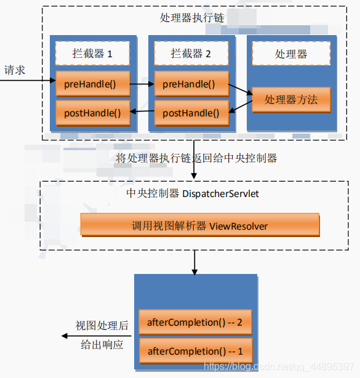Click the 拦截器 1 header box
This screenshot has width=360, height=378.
pyautogui.click(x=92, y=54)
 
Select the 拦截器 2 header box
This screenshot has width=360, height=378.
pyautogui.click(x=191, y=54)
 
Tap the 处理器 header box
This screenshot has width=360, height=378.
pyautogui.click(x=291, y=54)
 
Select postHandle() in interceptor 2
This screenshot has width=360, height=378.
pyautogui.click(x=191, y=113)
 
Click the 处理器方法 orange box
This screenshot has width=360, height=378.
pyautogui.click(x=291, y=99)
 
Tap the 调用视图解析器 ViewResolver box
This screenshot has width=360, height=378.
pyautogui.click(x=200, y=225)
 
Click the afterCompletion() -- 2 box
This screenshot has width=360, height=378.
pyautogui.click(x=195, y=322)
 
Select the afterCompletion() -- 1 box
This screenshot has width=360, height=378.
pyautogui.click(x=195, y=351)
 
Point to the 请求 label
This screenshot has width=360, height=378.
pyautogui.click(x=15, y=70)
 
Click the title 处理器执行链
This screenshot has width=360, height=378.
pyautogui.click(x=192, y=18)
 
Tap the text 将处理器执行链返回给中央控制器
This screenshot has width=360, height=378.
pyautogui.click(x=196, y=158)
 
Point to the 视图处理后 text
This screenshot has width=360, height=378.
pyautogui.click(x=101, y=325)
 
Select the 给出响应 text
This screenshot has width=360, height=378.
pyautogui.click(x=102, y=345)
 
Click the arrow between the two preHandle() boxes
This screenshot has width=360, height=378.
pyautogui.click(x=142, y=83)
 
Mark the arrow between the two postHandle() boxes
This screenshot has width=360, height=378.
pyautogui.click(x=142, y=113)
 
